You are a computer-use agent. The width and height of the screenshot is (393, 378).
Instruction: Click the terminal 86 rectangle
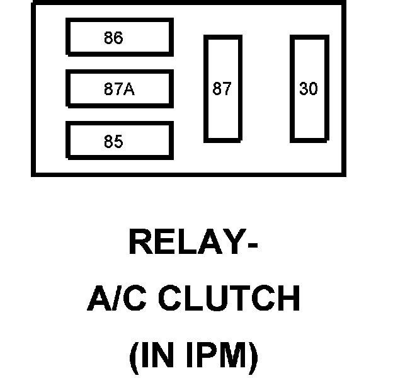click(x=120, y=37)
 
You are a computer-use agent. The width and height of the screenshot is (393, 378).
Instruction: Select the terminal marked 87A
click(x=120, y=89)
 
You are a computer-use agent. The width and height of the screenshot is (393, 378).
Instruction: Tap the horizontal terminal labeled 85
click(x=120, y=140)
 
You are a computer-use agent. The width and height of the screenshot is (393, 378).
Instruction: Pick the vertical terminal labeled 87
click(x=222, y=88)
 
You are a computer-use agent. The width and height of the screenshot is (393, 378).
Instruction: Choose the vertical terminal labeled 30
click(x=309, y=88)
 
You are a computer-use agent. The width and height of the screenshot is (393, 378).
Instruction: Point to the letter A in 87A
click(x=129, y=89)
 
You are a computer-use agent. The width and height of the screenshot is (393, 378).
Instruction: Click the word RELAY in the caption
click(x=183, y=243)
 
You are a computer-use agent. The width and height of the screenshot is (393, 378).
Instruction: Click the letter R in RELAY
click(x=140, y=243)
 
